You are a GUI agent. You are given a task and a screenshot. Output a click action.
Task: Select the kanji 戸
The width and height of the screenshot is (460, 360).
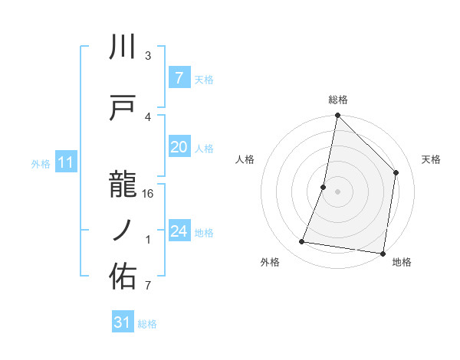[123, 108]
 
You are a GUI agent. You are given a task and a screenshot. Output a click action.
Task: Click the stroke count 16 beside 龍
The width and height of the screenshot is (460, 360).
[149, 193]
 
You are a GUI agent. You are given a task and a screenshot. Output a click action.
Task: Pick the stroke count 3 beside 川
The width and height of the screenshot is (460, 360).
[148, 56]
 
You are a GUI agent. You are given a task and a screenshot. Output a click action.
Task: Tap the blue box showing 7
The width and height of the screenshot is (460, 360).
[179, 78]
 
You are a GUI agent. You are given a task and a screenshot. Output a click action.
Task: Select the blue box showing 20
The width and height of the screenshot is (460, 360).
[179, 148]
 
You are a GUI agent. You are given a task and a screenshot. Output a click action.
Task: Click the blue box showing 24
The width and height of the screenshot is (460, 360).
[179, 232]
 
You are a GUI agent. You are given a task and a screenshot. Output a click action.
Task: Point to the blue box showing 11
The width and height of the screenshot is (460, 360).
[66, 162]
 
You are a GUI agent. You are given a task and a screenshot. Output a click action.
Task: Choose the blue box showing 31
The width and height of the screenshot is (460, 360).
[123, 322]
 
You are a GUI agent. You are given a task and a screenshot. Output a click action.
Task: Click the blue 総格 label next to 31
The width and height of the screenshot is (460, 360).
[147, 324]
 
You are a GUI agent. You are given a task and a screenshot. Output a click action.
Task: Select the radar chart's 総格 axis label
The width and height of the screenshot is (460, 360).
[338, 100]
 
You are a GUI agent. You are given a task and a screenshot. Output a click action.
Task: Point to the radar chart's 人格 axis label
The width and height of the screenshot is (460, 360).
[245, 159]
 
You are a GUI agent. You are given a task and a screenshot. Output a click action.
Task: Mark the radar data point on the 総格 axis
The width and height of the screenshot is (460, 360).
[337, 116]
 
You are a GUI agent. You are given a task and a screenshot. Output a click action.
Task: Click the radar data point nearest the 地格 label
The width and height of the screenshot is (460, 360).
[382, 253]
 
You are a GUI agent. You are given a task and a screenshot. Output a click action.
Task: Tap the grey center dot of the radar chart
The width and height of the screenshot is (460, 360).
[337, 191]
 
